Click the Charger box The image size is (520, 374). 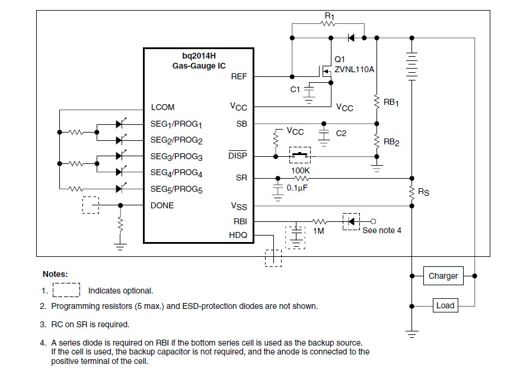pyautogui.click(x=444, y=276)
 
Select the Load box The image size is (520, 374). pyautogui.click(x=445, y=305)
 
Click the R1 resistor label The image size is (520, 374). pyautogui.click(x=330, y=16)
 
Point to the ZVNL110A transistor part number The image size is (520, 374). pyautogui.click(x=355, y=69)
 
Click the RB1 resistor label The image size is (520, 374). pyautogui.click(x=391, y=102)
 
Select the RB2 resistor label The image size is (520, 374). pyautogui.click(x=391, y=143)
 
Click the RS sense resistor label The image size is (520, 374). pyautogui.click(x=424, y=192)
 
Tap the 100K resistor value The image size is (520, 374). pyautogui.click(x=301, y=170)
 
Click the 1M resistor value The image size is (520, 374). pyautogui.click(x=318, y=231)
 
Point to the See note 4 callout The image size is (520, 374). pyautogui.click(x=382, y=230)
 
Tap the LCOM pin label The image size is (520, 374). pyautogui.click(x=162, y=108)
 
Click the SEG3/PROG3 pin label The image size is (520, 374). pyautogui.click(x=177, y=157)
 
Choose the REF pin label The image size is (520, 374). pyautogui.click(x=239, y=76)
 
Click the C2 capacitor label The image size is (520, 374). pyautogui.click(x=341, y=134)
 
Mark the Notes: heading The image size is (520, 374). pyautogui.click(x=55, y=274)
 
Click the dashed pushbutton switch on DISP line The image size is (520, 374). pyautogui.click(x=299, y=156)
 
